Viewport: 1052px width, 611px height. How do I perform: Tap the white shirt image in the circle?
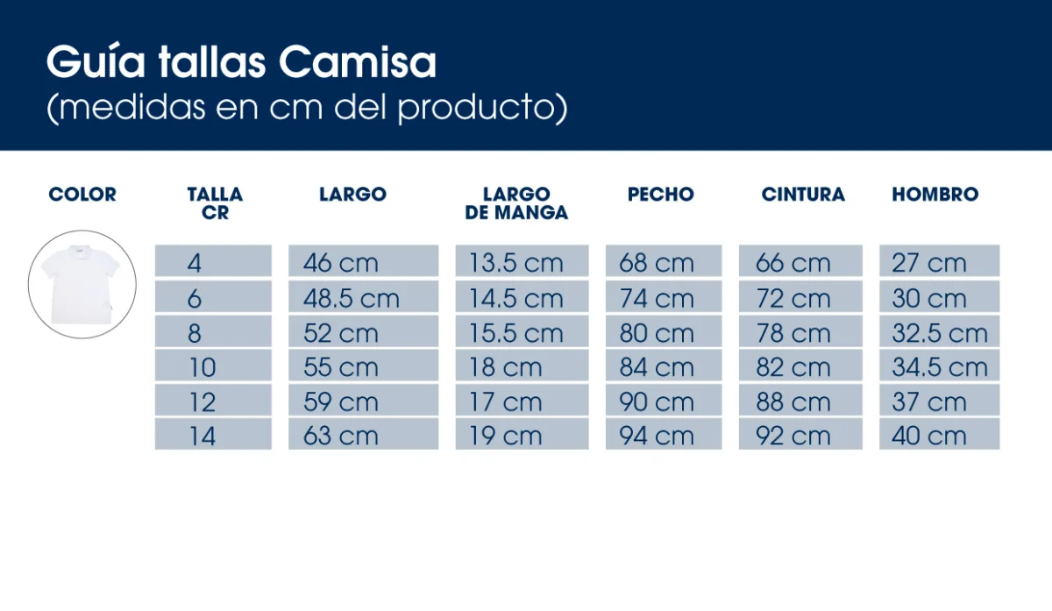[82, 285]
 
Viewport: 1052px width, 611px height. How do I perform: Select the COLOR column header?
[82, 195]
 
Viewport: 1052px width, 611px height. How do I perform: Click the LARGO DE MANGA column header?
[516, 203]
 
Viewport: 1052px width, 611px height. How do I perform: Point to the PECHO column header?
[660, 195]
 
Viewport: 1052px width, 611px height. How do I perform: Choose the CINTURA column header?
[803, 195]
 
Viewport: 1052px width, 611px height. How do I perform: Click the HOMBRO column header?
[935, 195]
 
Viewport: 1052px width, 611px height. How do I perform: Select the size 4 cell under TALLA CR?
[213, 262]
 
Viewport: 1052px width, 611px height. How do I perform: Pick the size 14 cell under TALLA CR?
[213, 436]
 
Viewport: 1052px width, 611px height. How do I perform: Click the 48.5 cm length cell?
[363, 298]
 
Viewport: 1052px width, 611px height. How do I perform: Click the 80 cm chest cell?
[664, 333]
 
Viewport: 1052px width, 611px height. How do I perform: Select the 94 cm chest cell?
[664, 436]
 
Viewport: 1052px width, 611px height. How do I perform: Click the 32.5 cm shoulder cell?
[939, 333]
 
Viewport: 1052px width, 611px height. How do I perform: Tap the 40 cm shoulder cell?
[939, 436]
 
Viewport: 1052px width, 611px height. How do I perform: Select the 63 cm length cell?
[363, 436]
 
